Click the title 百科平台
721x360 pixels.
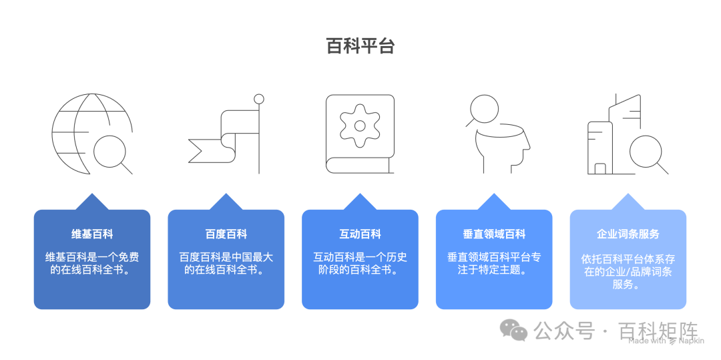point(360,46)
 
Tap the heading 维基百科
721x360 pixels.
point(92,234)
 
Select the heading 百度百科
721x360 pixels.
point(226,234)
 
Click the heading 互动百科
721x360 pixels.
point(360,234)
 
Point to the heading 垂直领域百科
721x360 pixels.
point(494,234)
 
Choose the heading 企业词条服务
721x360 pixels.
point(628,234)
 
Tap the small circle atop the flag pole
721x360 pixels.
point(259,100)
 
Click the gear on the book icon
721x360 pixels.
point(360,126)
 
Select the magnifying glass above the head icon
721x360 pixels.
point(483,109)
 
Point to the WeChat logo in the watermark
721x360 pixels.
point(514,330)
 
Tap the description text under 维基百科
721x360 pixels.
point(92,264)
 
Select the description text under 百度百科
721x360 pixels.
point(226,264)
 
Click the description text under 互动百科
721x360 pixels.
point(360,264)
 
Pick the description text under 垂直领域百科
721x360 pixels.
point(494,264)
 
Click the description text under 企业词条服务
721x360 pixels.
point(628,271)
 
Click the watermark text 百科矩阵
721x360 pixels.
point(658,330)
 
